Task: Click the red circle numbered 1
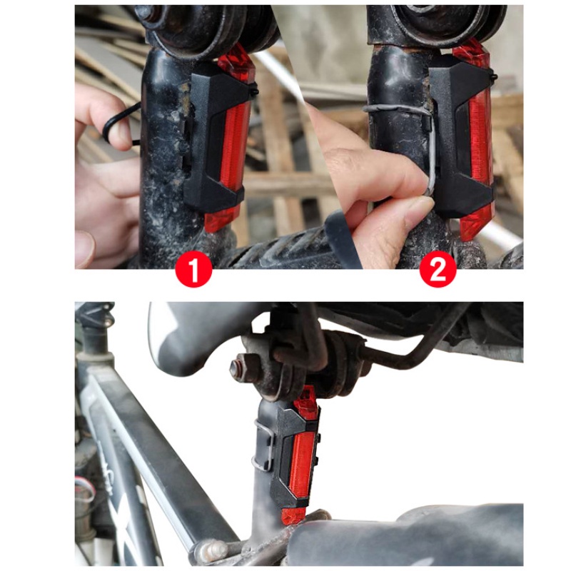pyautogui.click(x=193, y=269)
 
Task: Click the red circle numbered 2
pyautogui.click(x=438, y=269)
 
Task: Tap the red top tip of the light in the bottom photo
pyautogui.click(x=305, y=398)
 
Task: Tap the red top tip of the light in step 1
pyautogui.click(x=237, y=66)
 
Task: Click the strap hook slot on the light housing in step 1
pyautogui.click(x=188, y=146)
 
